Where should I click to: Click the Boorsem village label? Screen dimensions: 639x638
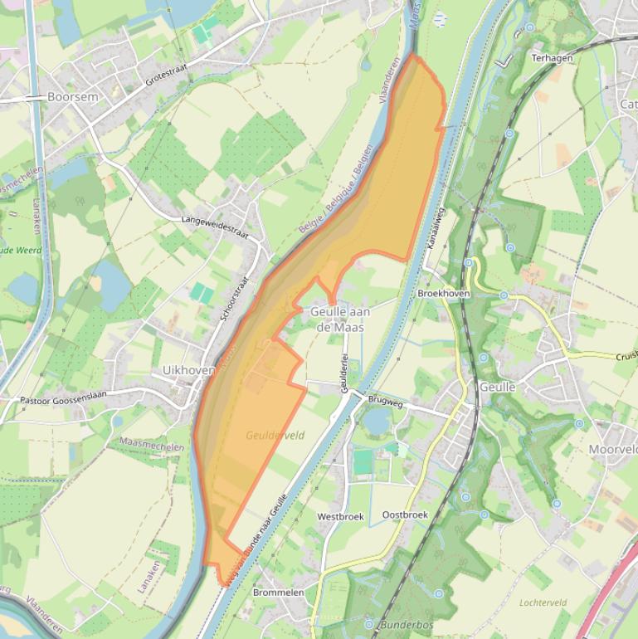72,97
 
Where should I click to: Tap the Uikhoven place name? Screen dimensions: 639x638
189,370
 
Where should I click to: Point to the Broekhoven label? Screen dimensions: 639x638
444,294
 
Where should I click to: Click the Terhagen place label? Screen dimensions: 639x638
552,58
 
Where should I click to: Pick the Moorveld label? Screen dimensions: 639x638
613,449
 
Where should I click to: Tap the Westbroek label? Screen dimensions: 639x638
340,516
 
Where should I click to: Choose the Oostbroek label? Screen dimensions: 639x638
405,515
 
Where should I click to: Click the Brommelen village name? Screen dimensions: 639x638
279,593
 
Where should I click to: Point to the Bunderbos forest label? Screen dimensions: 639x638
407,624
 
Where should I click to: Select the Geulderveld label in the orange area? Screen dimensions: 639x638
275,435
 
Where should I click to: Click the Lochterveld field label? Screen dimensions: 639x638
543,602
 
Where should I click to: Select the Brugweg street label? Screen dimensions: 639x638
384,402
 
